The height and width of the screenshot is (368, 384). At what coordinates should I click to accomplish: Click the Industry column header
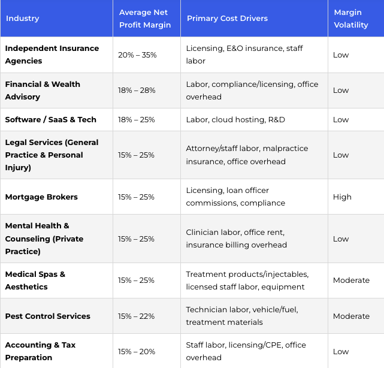coord(23,19)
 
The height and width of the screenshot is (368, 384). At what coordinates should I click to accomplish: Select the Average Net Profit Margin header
coord(145,19)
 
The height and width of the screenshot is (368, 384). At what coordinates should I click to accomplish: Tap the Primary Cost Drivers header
coord(227,19)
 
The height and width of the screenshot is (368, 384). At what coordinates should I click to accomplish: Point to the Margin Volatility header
coord(351,19)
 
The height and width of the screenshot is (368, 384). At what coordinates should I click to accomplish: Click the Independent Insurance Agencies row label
coord(52,55)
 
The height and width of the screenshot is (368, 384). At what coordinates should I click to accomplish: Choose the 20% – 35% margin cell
coord(137,55)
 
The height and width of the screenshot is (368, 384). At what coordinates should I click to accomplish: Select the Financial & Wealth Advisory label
coord(43,91)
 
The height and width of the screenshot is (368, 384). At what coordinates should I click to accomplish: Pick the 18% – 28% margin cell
coord(137,91)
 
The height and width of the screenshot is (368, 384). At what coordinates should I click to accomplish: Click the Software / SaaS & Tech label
coord(51,119)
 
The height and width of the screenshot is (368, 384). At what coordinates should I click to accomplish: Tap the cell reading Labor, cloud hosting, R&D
coord(235,119)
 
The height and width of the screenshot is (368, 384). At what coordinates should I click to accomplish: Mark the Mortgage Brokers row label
coord(41,197)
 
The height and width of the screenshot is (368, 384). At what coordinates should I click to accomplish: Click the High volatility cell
coord(342,197)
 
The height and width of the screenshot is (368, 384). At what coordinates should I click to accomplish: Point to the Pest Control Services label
coord(48,316)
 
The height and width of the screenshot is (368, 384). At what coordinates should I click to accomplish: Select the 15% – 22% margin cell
coord(136,316)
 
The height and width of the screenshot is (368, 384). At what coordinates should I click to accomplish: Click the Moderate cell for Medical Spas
coord(351,280)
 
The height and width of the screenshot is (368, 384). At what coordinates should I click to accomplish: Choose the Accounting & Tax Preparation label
coord(40,351)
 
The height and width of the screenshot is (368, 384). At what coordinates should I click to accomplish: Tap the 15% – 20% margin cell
coord(137,352)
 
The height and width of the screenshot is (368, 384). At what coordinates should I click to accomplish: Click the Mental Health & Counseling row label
coord(44,239)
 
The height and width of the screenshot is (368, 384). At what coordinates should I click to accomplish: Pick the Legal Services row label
coord(52,155)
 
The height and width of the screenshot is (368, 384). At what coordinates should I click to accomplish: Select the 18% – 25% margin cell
coord(137,119)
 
